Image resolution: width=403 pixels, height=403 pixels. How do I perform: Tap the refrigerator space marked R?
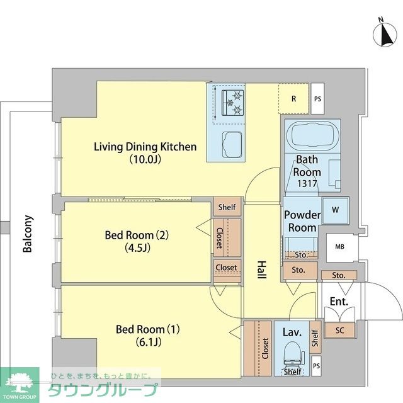pyautogui.click(x=294, y=98)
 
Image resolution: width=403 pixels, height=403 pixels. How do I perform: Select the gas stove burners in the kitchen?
pyautogui.click(x=233, y=103)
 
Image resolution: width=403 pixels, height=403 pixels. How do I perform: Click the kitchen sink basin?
pyautogui.click(x=232, y=145)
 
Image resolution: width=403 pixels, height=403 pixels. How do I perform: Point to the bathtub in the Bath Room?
pyautogui.click(x=312, y=136)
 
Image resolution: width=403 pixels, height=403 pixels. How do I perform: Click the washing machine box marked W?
pyautogui.click(x=336, y=210)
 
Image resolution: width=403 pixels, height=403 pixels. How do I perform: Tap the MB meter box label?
pyautogui.click(x=339, y=247)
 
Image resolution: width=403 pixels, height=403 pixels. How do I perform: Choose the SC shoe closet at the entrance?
pyautogui.click(x=339, y=330)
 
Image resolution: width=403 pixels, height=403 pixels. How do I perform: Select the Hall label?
pyautogui.click(x=261, y=270)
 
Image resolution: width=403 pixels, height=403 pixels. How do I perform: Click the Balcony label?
pyautogui.click(x=28, y=234)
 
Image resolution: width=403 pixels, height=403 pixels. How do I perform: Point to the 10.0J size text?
pyautogui.click(x=145, y=159)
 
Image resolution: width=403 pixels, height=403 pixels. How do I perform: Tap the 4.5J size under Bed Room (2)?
pyautogui.click(x=137, y=247)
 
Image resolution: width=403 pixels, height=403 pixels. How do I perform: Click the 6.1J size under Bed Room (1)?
pyautogui.click(x=149, y=342)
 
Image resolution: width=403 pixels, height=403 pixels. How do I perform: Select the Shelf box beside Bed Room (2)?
pyautogui.click(x=227, y=207)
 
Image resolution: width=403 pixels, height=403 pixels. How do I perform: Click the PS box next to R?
pyautogui.click(x=317, y=99)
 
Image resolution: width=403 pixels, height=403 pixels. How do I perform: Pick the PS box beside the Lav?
pyautogui.click(x=316, y=366)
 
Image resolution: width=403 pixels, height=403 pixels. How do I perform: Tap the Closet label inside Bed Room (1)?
pyautogui.click(x=265, y=348)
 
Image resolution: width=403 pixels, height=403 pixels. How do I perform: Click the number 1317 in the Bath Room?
pyautogui.click(x=307, y=183)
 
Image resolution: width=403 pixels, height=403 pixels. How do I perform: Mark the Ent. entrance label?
pyautogui.click(x=339, y=302)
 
